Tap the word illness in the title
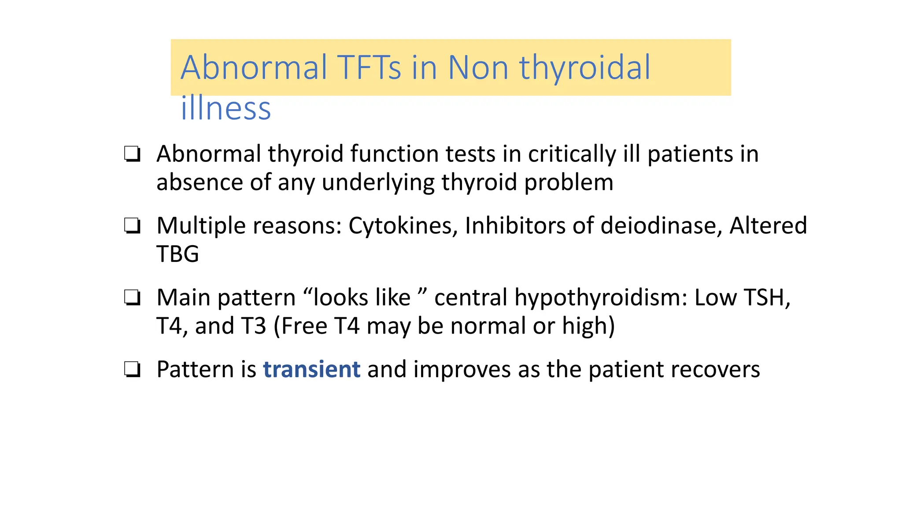click(x=225, y=108)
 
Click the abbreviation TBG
click(x=177, y=254)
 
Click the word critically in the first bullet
click(x=572, y=154)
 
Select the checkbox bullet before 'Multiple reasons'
click(x=132, y=226)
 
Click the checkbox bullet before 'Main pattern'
click(x=132, y=298)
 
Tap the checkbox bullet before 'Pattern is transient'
click(x=132, y=370)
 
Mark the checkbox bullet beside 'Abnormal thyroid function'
click(x=132, y=154)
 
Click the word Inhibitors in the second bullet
click(x=515, y=225)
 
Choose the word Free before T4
click(x=304, y=326)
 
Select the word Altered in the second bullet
click(x=768, y=225)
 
